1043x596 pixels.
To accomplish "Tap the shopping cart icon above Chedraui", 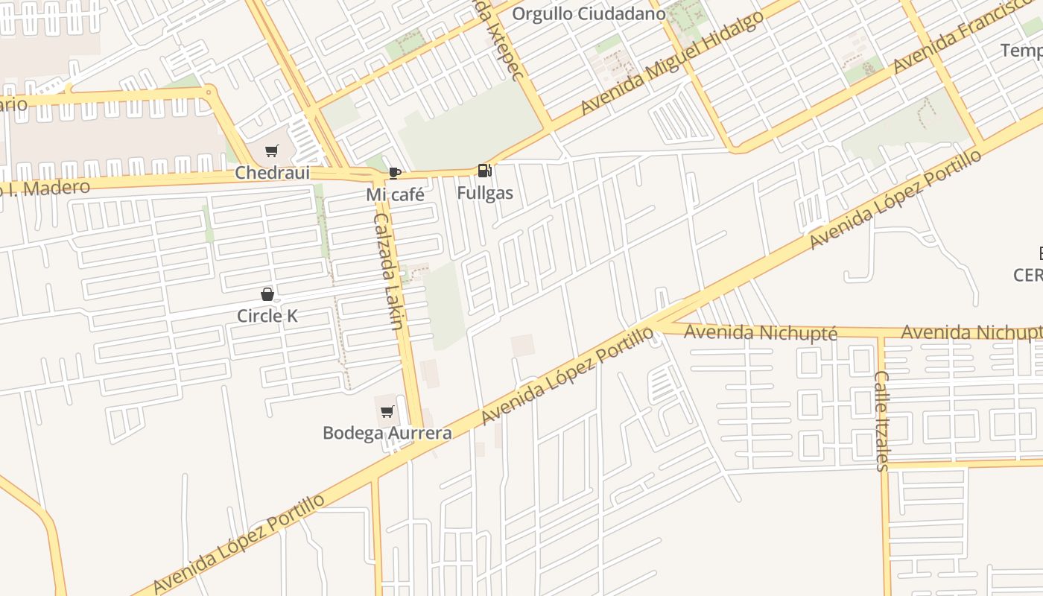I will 271,151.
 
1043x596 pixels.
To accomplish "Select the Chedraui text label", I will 272,173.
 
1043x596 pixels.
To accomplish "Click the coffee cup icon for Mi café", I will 394,174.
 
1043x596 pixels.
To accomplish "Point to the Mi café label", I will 395,195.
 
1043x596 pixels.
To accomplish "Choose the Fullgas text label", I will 485,193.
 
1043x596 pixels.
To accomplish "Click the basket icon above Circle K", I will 267,294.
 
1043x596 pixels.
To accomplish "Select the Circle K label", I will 267,316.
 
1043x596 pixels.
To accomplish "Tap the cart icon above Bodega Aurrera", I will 387,411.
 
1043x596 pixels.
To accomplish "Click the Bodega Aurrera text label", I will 387,433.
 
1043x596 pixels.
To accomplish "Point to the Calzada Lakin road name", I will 388,271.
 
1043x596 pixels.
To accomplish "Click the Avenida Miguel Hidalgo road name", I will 671,63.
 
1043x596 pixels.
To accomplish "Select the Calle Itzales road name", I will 881,421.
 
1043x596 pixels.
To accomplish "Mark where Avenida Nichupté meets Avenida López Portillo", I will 656,326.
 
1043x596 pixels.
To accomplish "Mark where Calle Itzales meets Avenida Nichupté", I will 881,335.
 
